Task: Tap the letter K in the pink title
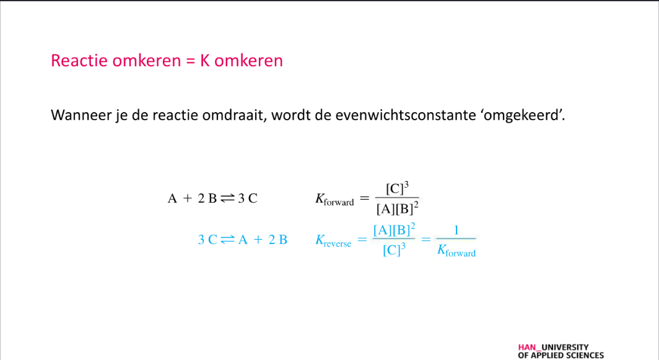click(x=204, y=61)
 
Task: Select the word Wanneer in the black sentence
click(x=81, y=115)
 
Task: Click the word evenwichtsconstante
click(x=405, y=115)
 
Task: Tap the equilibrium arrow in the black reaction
click(x=227, y=198)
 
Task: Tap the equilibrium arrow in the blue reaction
click(x=227, y=240)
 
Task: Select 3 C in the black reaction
click(x=248, y=198)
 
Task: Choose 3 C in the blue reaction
click(x=207, y=240)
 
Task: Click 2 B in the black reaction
click(x=207, y=198)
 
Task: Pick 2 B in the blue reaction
click(x=278, y=240)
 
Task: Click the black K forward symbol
click(x=334, y=200)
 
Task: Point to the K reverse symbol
click(x=333, y=241)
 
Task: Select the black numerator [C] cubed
click(x=397, y=188)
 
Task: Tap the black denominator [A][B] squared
click(x=397, y=208)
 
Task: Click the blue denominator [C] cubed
click(x=394, y=250)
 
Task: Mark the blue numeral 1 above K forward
click(x=456, y=230)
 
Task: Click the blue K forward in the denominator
click(x=456, y=251)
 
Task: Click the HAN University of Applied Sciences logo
click(x=561, y=351)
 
